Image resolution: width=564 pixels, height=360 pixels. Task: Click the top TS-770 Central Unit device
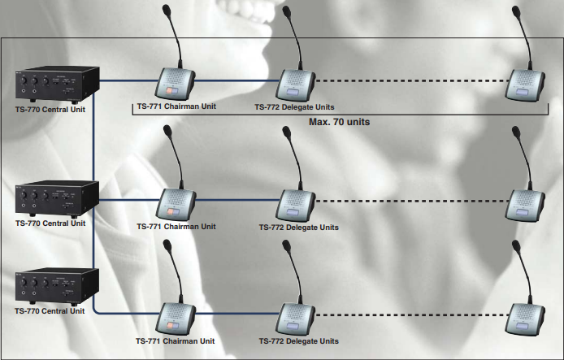(x=56, y=84)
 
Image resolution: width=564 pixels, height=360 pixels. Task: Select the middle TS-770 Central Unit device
(x=56, y=197)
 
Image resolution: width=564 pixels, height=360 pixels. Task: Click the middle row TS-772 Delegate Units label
(x=299, y=228)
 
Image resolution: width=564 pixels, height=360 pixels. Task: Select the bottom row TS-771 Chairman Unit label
(x=176, y=340)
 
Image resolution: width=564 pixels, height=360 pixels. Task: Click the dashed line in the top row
(x=410, y=81)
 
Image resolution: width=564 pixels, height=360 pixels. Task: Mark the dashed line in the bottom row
(x=410, y=313)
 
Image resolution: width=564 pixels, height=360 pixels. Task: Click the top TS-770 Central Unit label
(x=50, y=107)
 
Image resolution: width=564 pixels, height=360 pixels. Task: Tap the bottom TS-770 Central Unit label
(x=50, y=310)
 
